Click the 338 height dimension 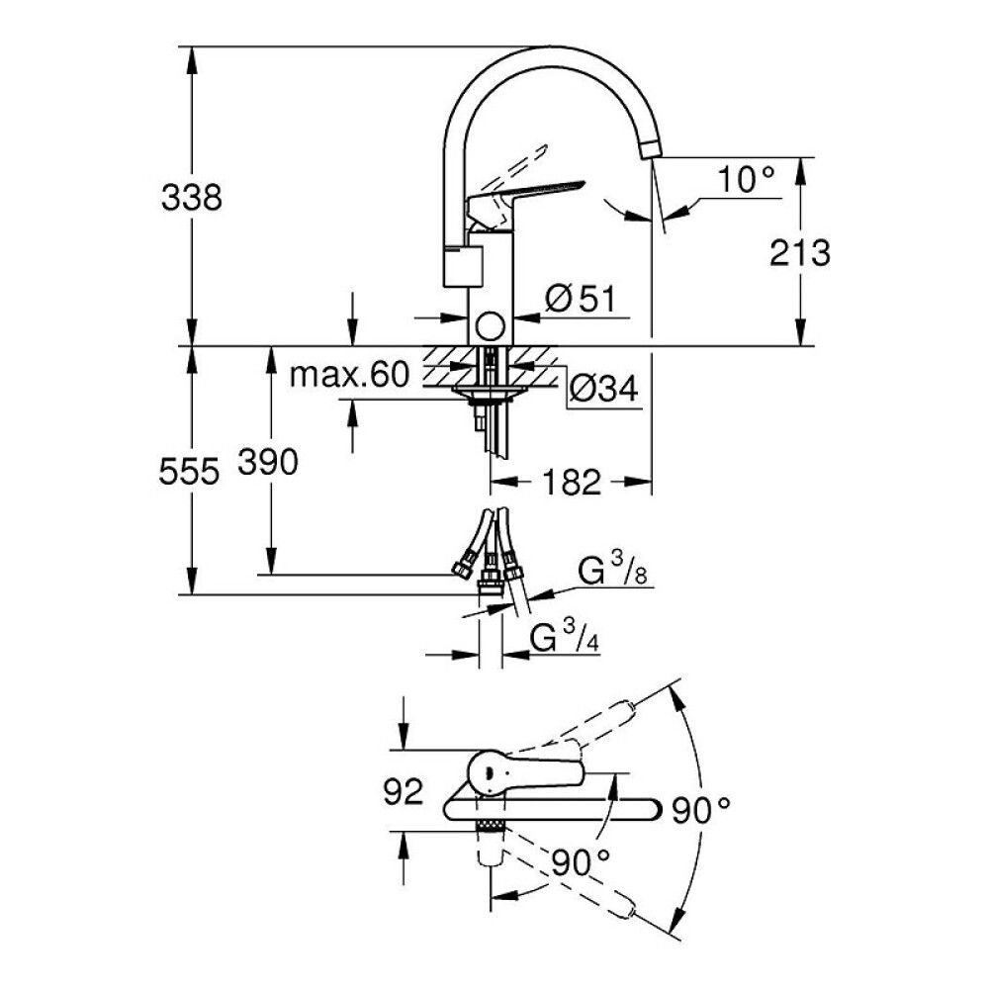pos(192,197)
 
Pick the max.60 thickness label pos(349,374)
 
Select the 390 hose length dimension pos(267,462)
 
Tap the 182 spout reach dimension pos(572,483)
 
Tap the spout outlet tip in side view pos(650,149)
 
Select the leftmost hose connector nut pos(460,569)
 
